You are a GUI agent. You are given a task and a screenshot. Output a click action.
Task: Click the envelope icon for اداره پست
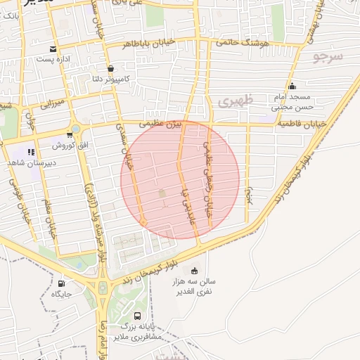pyautogui.click(x=53, y=49)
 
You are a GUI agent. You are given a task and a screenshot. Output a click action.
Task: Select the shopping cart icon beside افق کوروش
pyautogui.click(x=69, y=134)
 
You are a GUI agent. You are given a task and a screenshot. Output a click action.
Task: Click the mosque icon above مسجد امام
pyautogui.click(x=292, y=86)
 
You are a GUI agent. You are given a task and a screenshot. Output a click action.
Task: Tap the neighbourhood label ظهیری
pyautogui.click(x=234, y=101)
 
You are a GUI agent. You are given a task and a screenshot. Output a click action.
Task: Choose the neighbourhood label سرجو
pyautogui.click(x=328, y=56)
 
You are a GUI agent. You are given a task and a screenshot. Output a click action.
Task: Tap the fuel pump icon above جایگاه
pyautogui.click(x=61, y=283)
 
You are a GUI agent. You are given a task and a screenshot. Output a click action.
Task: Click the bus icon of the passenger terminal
pyautogui.click(x=136, y=316)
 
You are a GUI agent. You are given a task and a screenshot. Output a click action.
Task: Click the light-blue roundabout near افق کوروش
pyautogui.click(x=76, y=129)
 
